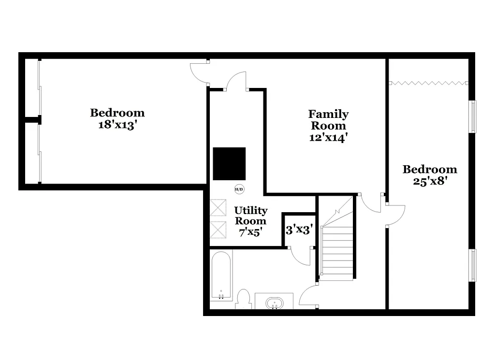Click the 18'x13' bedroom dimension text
coord(117,124)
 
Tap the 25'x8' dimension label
coord(430,181)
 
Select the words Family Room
coord(328,120)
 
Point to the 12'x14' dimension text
coord(329,137)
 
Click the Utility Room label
coord(251,216)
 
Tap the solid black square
coord(229,164)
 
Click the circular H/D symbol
coord(239,189)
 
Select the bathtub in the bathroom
coord(221,275)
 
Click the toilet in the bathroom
coord(244,299)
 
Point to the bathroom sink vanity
coord(274,301)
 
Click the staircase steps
coord(337,251)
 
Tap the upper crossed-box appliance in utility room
coord(218,207)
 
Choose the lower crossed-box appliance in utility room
coord(218,230)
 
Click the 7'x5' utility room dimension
coord(250,232)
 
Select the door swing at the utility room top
coord(237,81)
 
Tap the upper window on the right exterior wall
coord(473,116)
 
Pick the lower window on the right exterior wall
coord(473,265)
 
